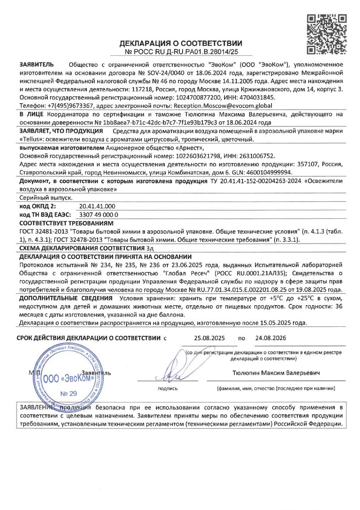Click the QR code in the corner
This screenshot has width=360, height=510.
(x=327, y=34)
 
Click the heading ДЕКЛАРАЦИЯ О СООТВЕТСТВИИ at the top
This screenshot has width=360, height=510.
(x=181, y=43)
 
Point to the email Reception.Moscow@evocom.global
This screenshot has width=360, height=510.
(x=221, y=106)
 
